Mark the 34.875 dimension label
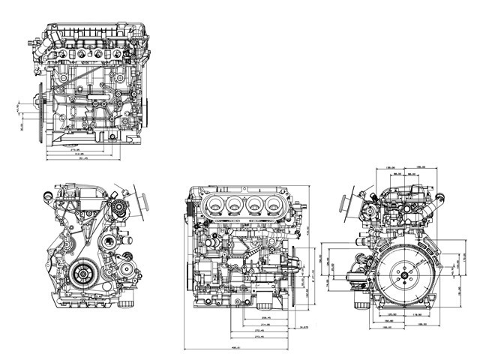click(x=303, y=328)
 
